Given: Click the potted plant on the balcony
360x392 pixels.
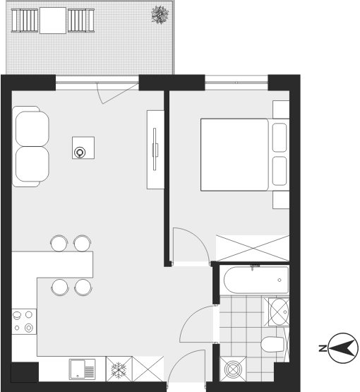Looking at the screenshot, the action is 160,15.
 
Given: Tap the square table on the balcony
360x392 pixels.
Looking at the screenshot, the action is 53,20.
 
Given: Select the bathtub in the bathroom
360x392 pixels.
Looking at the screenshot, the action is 256,280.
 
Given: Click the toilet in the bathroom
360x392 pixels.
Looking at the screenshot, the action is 272,344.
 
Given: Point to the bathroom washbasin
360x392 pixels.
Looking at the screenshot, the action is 279,311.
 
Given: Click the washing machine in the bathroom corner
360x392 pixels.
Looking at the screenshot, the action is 233,369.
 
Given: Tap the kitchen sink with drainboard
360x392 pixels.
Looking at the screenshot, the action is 82,369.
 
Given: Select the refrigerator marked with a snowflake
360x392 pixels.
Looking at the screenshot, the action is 119,369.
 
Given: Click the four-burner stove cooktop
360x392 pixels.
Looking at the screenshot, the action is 24,321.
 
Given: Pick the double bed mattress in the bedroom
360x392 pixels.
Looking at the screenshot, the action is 234,155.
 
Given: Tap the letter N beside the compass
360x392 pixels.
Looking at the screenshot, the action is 323,348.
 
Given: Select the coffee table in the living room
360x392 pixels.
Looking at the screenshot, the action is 83,148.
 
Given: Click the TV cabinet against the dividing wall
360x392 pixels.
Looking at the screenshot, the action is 155,150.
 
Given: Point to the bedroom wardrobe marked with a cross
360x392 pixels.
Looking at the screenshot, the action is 253,248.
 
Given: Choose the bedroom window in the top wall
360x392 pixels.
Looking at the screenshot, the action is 236,83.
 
